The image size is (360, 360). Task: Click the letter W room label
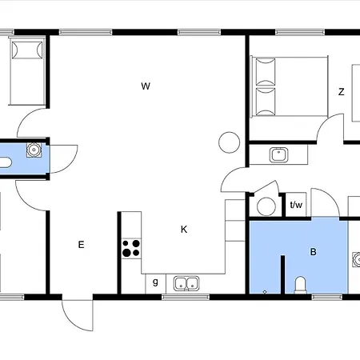tap(146, 86)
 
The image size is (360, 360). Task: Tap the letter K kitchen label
tap(184, 230)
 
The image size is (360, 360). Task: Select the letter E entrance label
tap(81, 245)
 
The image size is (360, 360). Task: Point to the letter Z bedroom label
tap(341, 92)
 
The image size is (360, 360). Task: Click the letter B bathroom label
tap(314, 252)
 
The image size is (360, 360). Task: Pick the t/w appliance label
tap(296, 205)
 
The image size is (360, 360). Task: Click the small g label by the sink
tap(155, 282)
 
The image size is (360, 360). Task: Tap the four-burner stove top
tap(131, 248)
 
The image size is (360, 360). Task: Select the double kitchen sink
tap(186, 283)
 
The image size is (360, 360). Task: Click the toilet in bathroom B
tap(300, 285)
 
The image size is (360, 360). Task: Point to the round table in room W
tap(229, 142)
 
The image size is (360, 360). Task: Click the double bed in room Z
tap(290, 86)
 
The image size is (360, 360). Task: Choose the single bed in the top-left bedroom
tap(27, 71)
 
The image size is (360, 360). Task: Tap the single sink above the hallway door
tap(278, 154)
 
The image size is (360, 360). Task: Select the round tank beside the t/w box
tap(266, 206)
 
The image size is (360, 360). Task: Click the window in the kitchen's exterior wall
tap(186, 297)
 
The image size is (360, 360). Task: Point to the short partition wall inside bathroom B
tap(282, 274)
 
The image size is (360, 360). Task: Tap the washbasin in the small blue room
tap(34, 150)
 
